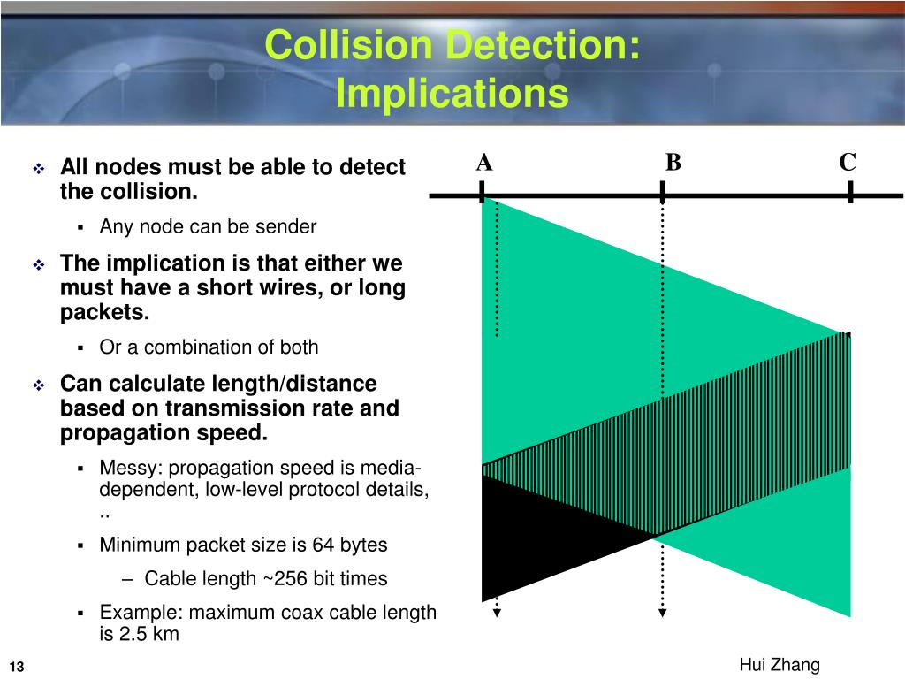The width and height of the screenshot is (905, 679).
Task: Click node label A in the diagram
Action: (x=484, y=163)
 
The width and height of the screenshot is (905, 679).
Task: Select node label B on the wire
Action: (x=673, y=163)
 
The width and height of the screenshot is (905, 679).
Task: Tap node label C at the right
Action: (x=848, y=163)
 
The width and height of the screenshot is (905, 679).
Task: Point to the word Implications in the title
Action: (x=452, y=93)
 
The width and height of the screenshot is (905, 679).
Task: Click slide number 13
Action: (x=17, y=666)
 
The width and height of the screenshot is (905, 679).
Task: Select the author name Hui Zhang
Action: (x=780, y=665)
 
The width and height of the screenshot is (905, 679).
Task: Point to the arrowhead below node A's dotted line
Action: (x=497, y=612)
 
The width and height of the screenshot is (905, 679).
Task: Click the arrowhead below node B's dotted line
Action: (x=662, y=612)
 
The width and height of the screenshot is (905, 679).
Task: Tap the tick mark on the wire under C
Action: (x=849, y=193)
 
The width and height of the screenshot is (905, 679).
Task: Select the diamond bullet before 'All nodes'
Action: (x=39, y=168)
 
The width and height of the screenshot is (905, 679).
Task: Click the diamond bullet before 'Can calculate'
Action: (x=39, y=385)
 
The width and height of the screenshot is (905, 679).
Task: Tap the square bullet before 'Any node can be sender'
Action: (x=80, y=227)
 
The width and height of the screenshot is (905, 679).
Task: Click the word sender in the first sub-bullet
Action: (x=286, y=226)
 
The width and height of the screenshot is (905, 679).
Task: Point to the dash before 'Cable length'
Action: (x=129, y=579)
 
